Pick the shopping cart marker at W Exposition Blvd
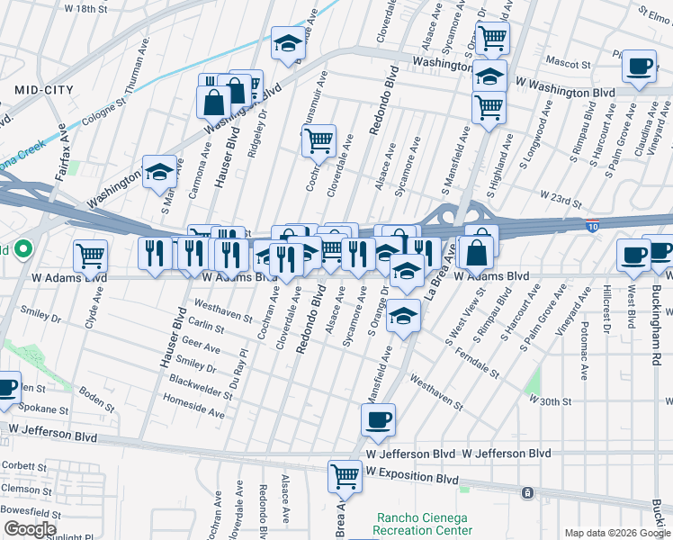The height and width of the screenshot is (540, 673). pyautogui.click(x=345, y=476)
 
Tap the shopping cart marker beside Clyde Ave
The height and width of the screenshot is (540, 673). pyautogui.click(x=90, y=256)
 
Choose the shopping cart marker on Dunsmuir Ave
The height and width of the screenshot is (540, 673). pyautogui.click(x=319, y=140)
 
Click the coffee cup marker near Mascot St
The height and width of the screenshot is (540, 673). pyautogui.click(x=640, y=67)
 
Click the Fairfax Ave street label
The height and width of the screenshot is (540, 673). pyautogui.click(x=62, y=154)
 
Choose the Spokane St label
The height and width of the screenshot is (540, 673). pyautogui.click(x=39, y=409)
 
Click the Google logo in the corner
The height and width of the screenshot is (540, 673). pyautogui.click(x=30, y=529)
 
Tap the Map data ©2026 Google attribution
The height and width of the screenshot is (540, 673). pyautogui.click(x=617, y=533)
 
